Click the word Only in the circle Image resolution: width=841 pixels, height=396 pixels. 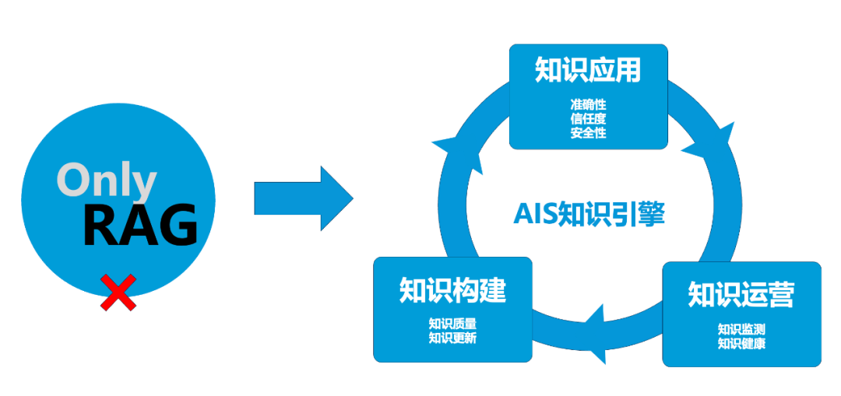(x=106, y=180)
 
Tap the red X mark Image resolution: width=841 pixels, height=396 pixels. (x=118, y=293)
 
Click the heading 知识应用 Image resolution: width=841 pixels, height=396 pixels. (x=588, y=70)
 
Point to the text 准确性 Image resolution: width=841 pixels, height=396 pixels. (x=588, y=104)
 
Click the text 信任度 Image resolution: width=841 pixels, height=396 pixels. (x=588, y=118)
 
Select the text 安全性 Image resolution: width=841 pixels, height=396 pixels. (x=588, y=132)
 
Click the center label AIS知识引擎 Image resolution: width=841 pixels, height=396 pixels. (x=589, y=214)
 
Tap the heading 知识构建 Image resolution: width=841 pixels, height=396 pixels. (x=452, y=289)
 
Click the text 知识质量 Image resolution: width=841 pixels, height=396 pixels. (x=452, y=324)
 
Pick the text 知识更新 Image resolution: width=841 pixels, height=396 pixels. (x=452, y=338)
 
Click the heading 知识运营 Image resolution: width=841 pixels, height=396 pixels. (x=741, y=295)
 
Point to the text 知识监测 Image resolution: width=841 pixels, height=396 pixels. (x=741, y=329)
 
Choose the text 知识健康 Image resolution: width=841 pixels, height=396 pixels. (x=741, y=343)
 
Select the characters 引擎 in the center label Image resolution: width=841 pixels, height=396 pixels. (x=639, y=214)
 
